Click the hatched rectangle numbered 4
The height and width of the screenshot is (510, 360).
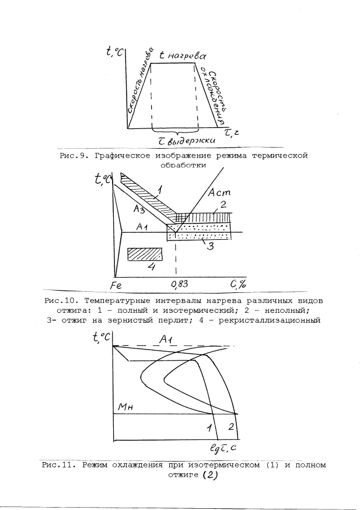(x=145, y=254)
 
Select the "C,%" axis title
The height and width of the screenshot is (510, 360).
(x=237, y=284)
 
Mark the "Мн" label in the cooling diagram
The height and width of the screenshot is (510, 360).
(x=126, y=409)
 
